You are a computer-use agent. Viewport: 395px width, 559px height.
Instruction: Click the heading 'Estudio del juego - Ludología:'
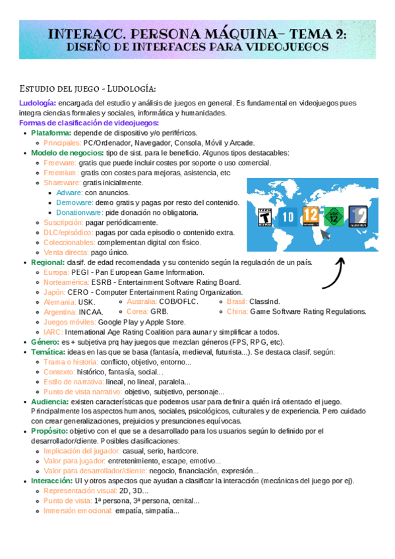(x=88, y=88)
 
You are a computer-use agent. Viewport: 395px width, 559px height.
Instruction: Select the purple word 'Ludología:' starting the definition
(x=38, y=103)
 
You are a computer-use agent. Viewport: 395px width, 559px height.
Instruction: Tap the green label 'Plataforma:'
(x=51, y=133)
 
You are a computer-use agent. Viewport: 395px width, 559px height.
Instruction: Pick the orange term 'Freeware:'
(x=60, y=163)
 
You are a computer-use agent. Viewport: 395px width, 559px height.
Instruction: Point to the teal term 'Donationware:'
(x=79, y=213)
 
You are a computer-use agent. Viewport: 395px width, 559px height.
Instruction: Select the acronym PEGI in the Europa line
(x=80, y=272)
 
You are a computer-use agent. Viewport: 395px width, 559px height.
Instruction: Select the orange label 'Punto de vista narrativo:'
(x=82, y=392)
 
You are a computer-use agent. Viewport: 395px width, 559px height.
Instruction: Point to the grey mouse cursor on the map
(x=325, y=235)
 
